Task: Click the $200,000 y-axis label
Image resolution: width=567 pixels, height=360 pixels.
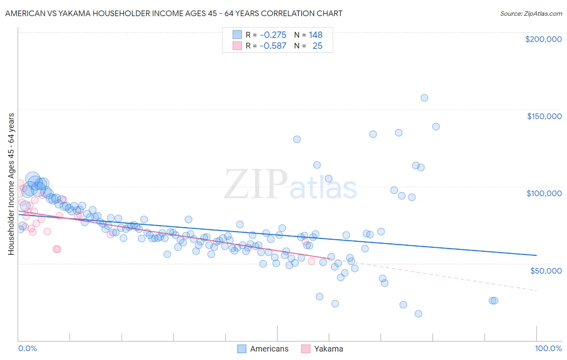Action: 543,39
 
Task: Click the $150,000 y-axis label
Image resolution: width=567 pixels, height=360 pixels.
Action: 544,116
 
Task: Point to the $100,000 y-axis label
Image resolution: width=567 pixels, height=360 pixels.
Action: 544,193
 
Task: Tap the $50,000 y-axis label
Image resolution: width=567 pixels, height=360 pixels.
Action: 546,270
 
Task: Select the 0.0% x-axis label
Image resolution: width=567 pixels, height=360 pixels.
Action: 27,348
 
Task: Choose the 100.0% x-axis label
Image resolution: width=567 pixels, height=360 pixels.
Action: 548,348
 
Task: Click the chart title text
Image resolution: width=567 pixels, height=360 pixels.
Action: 174,13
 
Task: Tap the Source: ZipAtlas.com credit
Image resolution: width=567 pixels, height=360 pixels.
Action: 531,13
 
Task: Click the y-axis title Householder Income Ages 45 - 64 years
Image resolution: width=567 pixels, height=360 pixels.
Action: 11,184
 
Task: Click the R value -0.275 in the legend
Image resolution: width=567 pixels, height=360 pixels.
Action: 273,35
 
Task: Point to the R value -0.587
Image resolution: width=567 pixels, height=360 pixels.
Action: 273,46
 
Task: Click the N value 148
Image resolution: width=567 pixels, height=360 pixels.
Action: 315,35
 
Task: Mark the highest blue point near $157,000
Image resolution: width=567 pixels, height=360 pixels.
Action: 424,98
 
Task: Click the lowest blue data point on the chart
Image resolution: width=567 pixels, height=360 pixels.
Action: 418,314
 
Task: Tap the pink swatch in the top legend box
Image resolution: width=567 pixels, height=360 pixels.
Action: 237,46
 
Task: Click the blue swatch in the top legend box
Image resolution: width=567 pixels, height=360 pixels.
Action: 237,35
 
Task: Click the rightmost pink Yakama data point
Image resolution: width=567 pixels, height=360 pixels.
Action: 311,261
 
